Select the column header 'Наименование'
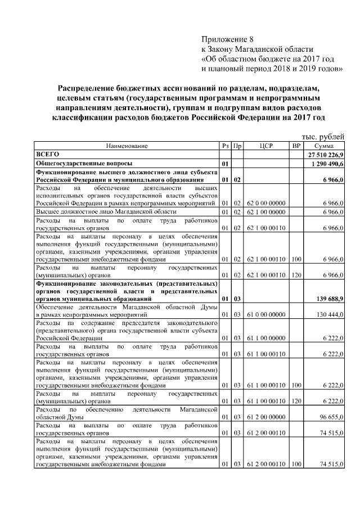click(127, 146)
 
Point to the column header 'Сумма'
click(325, 146)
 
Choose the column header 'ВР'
click(296, 146)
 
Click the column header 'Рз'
click(225, 146)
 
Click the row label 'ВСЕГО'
click(47, 154)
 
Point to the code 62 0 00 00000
click(266, 202)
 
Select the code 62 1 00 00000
click(266, 211)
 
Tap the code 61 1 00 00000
click(266, 339)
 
